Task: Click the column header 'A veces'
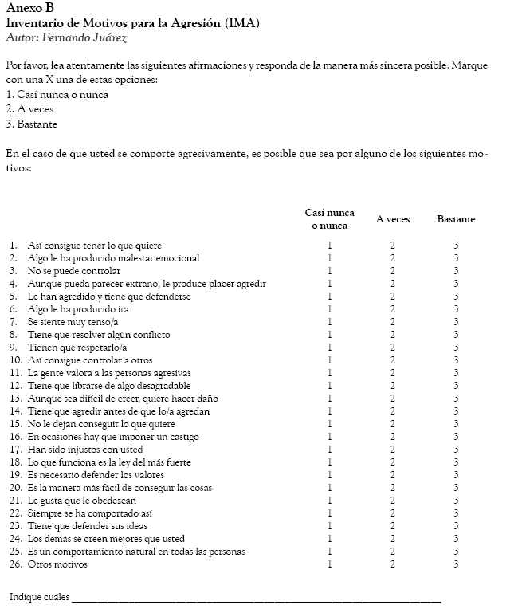393,219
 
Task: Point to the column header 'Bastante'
456,219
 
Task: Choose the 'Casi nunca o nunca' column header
330,219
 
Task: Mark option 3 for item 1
456,246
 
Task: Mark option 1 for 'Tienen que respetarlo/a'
330,348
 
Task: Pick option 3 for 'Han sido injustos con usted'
456,450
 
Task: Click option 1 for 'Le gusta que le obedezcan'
330,501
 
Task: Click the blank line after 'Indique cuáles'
255,598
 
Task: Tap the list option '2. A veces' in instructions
29,109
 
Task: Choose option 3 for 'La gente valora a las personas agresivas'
456,373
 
